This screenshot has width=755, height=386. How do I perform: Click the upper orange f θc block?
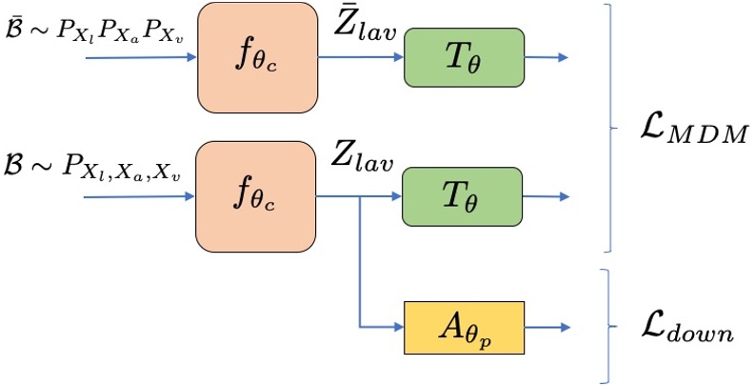(257, 57)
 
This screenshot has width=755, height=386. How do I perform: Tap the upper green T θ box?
(464, 57)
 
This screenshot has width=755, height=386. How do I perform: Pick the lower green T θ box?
(464, 197)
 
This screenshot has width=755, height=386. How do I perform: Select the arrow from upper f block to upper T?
(361, 57)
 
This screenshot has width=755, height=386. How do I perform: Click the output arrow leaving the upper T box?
(546, 57)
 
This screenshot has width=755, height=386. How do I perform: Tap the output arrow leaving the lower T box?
(546, 197)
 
